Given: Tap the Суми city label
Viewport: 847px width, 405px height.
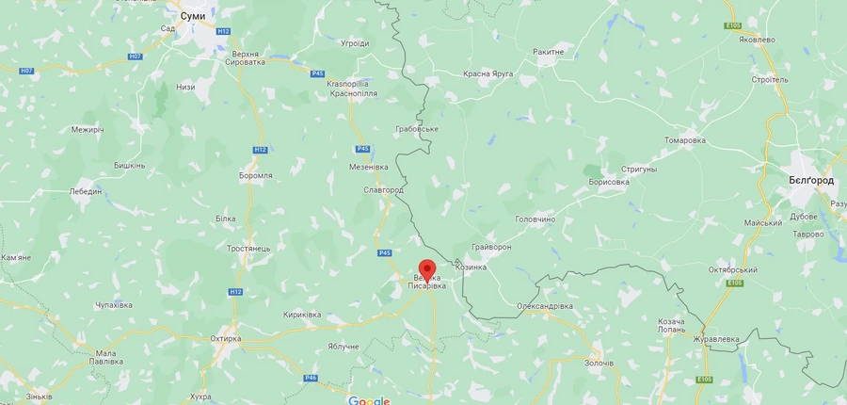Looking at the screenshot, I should coord(193,16).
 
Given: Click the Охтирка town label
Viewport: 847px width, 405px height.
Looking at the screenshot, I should coord(225,338).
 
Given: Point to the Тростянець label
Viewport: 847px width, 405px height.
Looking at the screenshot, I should coord(248,249).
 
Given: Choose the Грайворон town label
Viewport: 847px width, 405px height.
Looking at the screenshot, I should coord(491,247).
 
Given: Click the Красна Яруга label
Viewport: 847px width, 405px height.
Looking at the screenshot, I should coord(487,73).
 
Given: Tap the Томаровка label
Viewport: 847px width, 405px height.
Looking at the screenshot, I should coord(684,140).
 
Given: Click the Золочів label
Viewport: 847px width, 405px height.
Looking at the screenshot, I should coord(599,363).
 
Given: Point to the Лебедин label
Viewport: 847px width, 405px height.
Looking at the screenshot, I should coord(85,190).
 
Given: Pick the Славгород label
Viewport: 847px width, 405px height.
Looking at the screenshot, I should coord(383,190).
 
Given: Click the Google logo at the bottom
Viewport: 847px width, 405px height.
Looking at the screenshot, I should coord(369,400).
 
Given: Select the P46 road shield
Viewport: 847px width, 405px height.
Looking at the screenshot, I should coord(310,378).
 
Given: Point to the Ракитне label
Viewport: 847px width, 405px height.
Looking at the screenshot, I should coord(548,52).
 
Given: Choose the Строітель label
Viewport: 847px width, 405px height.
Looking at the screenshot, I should coord(771,80).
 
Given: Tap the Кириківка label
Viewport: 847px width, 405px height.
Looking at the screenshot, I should coord(302,315).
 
